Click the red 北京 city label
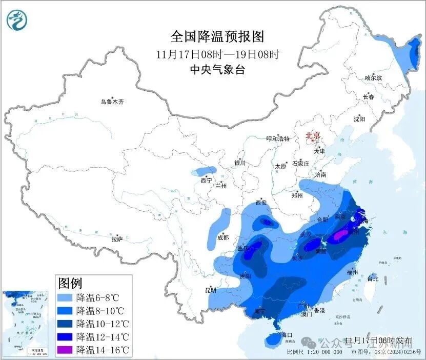coord(313,136)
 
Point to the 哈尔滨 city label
coord(373,78)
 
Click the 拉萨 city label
coord(117,239)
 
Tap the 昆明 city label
coord(211,290)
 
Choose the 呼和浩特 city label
coord(277,139)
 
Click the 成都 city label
coord(222,237)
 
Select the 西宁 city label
coord(206,181)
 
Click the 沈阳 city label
coord(359,119)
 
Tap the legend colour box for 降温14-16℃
coord(65,350)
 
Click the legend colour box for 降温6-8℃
coord(65,297)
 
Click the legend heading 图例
coord(70,283)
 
